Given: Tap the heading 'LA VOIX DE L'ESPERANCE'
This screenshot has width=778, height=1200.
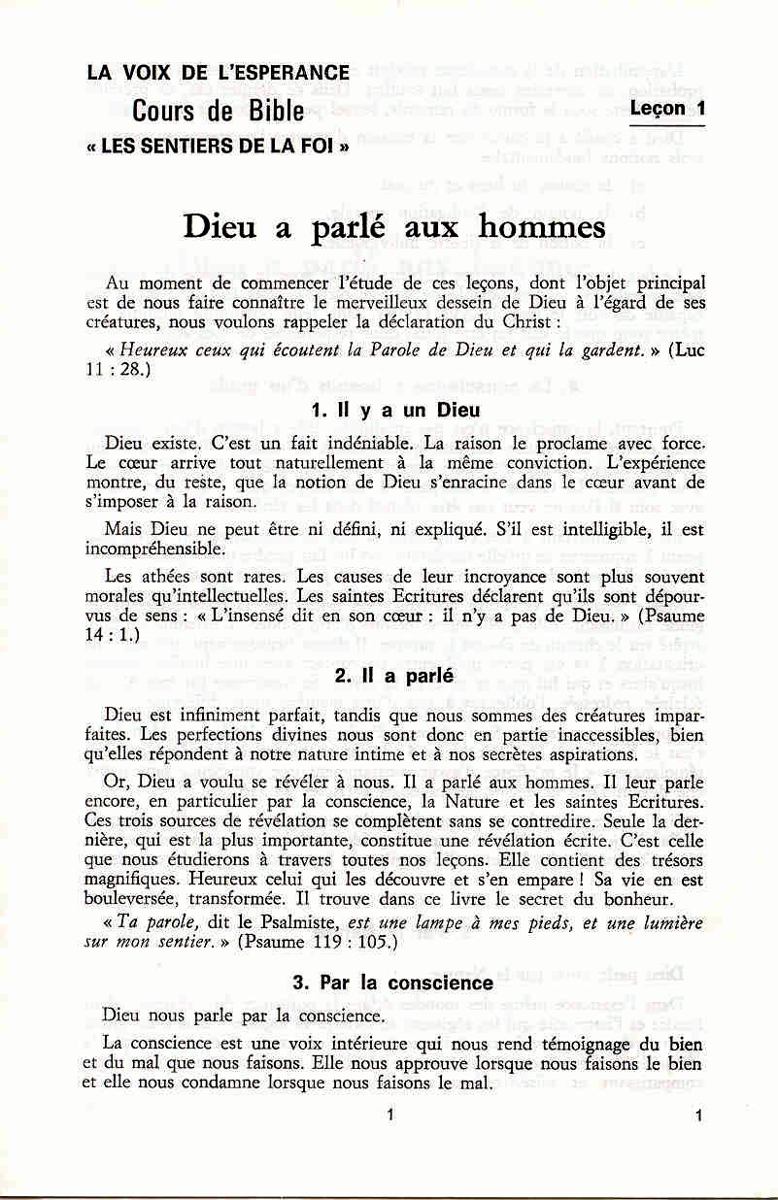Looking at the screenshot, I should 218,72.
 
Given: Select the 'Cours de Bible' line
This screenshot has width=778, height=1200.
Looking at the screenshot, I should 219,111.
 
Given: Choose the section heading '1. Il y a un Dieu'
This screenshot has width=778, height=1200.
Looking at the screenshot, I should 389,411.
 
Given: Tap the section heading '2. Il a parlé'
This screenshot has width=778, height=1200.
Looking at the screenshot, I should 389,677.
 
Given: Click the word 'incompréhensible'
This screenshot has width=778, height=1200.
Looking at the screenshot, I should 153,549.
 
